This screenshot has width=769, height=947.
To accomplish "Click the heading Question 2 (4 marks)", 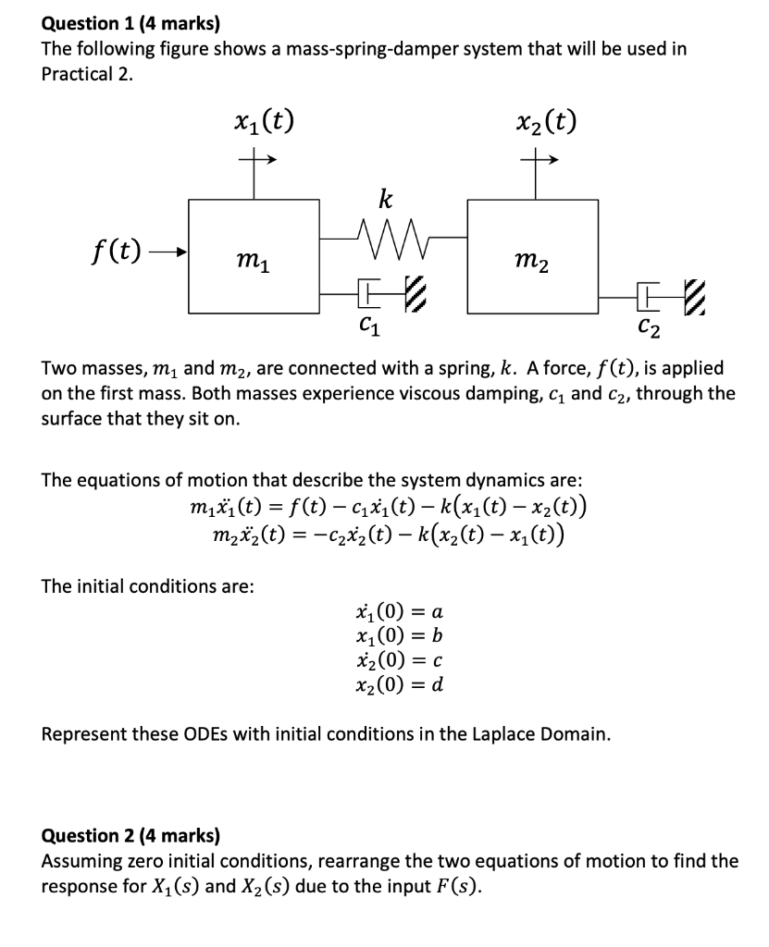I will click(x=130, y=836).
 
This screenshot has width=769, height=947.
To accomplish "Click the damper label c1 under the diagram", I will click(x=368, y=326).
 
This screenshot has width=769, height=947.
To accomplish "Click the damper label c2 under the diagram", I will click(x=650, y=326).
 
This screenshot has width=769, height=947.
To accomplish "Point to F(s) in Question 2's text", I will click(x=459, y=885).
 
